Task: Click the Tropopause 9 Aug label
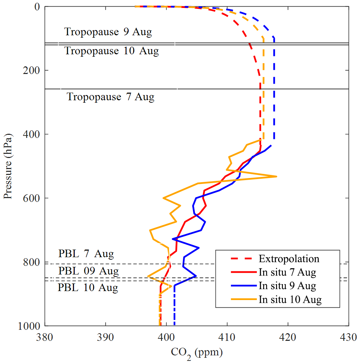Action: coord(108,32)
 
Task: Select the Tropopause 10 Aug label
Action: coord(112,51)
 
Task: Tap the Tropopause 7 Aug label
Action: coord(110,97)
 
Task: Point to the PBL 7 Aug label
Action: coord(86,254)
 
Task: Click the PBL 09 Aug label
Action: coord(88,271)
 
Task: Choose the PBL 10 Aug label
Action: coord(88,288)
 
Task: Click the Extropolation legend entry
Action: coord(289,259)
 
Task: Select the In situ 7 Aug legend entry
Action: coord(287,272)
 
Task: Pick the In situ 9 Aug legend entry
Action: coord(287,286)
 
